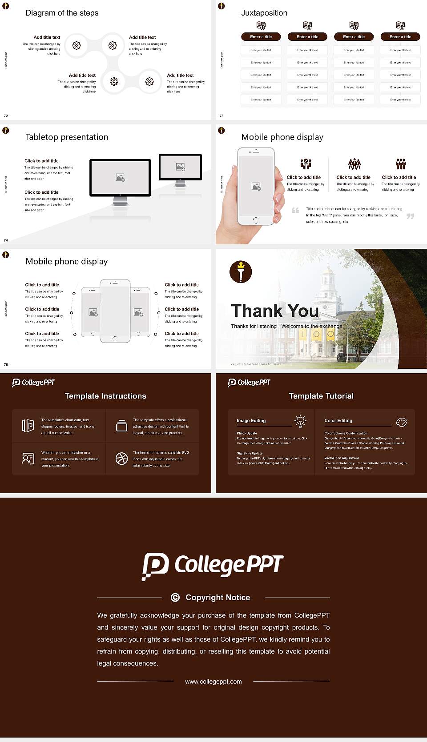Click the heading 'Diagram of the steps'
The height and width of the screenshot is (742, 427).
click(62, 13)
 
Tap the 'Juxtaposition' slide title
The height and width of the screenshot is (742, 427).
click(264, 13)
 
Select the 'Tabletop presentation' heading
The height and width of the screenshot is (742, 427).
click(67, 137)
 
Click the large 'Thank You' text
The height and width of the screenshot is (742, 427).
click(275, 311)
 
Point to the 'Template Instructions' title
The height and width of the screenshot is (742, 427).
click(105, 396)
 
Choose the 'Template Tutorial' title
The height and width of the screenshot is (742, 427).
click(321, 396)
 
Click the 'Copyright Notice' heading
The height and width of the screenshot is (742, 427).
click(218, 598)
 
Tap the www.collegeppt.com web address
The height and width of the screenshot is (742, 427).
click(213, 682)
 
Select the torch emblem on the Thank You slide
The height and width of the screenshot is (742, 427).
click(241, 272)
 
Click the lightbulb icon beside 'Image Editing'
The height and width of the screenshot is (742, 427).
click(300, 421)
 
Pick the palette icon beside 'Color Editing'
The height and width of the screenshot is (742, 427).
click(401, 422)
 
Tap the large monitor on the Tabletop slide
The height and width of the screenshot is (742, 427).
click(120, 178)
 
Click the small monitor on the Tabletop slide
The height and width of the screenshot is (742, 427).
click(180, 168)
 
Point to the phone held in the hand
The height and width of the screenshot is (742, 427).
click(256, 187)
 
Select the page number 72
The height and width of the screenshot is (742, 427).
click(6, 116)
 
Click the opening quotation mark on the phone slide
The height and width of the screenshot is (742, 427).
click(295, 210)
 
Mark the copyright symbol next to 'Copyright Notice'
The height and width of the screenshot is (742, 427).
click(175, 598)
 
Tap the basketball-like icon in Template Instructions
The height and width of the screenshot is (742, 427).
click(121, 459)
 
